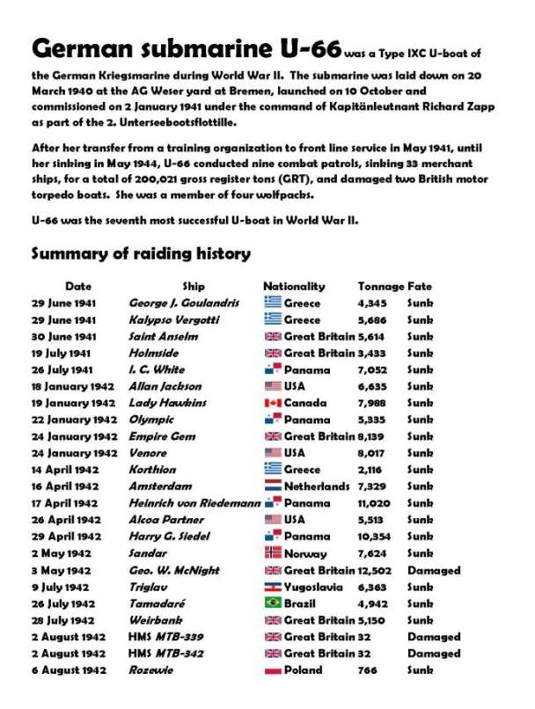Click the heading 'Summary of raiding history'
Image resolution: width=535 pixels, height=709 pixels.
[x=141, y=254]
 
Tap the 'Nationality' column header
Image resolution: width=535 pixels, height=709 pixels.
[x=294, y=286]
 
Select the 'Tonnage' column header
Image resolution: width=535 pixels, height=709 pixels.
[x=380, y=286]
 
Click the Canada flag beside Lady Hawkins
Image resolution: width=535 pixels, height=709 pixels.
[x=273, y=403]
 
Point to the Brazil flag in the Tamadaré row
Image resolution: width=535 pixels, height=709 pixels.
[x=273, y=603]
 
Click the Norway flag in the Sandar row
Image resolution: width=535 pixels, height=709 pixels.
[x=273, y=553]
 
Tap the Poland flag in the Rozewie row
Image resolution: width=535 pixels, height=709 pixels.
[x=273, y=669]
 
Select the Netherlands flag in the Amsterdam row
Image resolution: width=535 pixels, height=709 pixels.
[x=273, y=486]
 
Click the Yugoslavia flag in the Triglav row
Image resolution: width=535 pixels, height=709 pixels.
[x=273, y=587]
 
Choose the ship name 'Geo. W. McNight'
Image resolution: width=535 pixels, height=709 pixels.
[x=172, y=570]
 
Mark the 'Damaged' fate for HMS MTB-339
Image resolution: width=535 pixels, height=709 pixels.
[x=433, y=637]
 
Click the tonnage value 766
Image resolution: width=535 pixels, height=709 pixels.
[x=368, y=670]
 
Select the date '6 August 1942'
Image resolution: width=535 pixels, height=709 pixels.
[x=70, y=670]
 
